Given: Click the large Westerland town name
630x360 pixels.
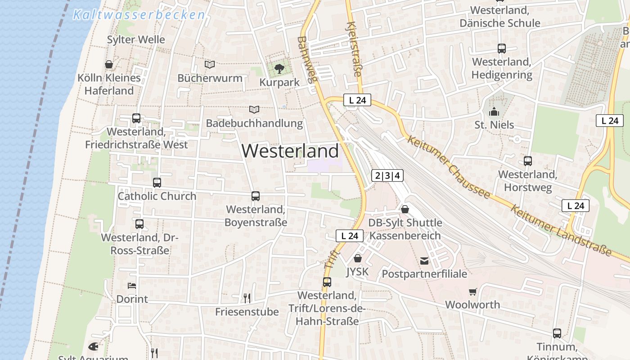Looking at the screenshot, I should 290,151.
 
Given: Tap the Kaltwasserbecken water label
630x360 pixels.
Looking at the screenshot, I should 139,15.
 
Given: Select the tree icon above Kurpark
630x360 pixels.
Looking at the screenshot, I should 279,68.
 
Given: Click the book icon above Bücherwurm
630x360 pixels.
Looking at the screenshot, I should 210,64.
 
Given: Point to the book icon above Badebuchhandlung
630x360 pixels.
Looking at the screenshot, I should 254,109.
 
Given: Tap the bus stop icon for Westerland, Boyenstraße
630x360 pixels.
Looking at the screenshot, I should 256,196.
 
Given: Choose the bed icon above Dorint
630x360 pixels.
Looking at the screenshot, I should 132,285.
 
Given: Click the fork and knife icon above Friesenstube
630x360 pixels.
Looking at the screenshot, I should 247,298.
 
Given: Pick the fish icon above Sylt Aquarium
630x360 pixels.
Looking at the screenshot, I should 93,346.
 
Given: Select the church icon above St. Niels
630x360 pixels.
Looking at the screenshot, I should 494,111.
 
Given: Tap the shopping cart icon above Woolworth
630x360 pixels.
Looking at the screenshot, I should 472,292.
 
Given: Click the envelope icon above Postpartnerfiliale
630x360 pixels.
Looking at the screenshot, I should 424,260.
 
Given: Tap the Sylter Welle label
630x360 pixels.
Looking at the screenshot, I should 136,40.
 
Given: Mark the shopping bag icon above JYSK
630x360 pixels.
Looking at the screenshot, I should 358,258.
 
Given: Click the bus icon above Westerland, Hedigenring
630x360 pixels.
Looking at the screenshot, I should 502,49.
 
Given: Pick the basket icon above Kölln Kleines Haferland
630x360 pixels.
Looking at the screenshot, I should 109,64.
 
